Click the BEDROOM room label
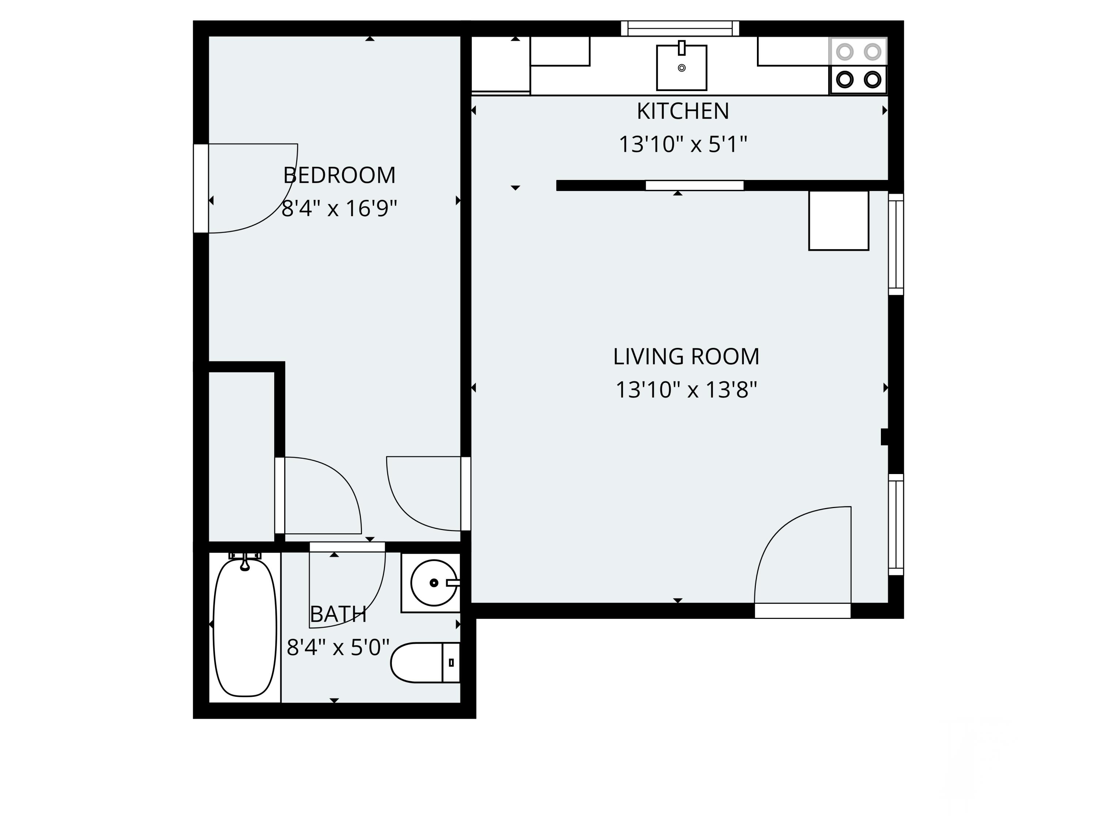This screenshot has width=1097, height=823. [340, 175]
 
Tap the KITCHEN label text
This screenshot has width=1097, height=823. [683, 111]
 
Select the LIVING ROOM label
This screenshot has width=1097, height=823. [686, 357]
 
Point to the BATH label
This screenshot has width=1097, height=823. [338, 615]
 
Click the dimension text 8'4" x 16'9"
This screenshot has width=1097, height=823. [340, 208]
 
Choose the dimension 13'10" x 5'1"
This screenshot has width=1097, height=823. [683, 144]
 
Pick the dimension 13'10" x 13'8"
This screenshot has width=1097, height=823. [686, 390]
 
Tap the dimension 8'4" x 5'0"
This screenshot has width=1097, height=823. [338, 647]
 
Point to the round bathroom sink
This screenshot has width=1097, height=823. [434, 583]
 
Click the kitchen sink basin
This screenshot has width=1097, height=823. [681, 68]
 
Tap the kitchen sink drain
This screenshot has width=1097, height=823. [681, 68]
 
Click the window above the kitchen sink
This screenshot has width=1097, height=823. [680, 28]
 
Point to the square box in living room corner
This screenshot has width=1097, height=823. [838, 221]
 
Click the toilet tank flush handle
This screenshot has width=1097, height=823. [451, 662]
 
